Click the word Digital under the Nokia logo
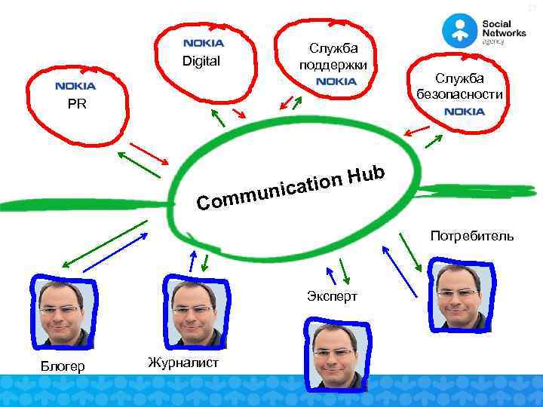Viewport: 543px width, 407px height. (x=201, y=61)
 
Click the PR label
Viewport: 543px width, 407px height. (x=76, y=105)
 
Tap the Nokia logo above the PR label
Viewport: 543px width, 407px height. (x=75, y=87)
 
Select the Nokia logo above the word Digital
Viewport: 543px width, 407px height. (x=204, y=44)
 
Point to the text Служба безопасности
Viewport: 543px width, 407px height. (x=459, y=86)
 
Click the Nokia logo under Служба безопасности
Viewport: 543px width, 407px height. (x=465, y=112)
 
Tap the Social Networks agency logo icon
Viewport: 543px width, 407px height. (x=459, y=30)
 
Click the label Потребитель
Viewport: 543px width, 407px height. (x=472, y=236)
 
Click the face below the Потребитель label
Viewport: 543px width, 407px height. (x=458, y=294)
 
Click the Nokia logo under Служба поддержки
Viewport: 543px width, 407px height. (x=336, y=81)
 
